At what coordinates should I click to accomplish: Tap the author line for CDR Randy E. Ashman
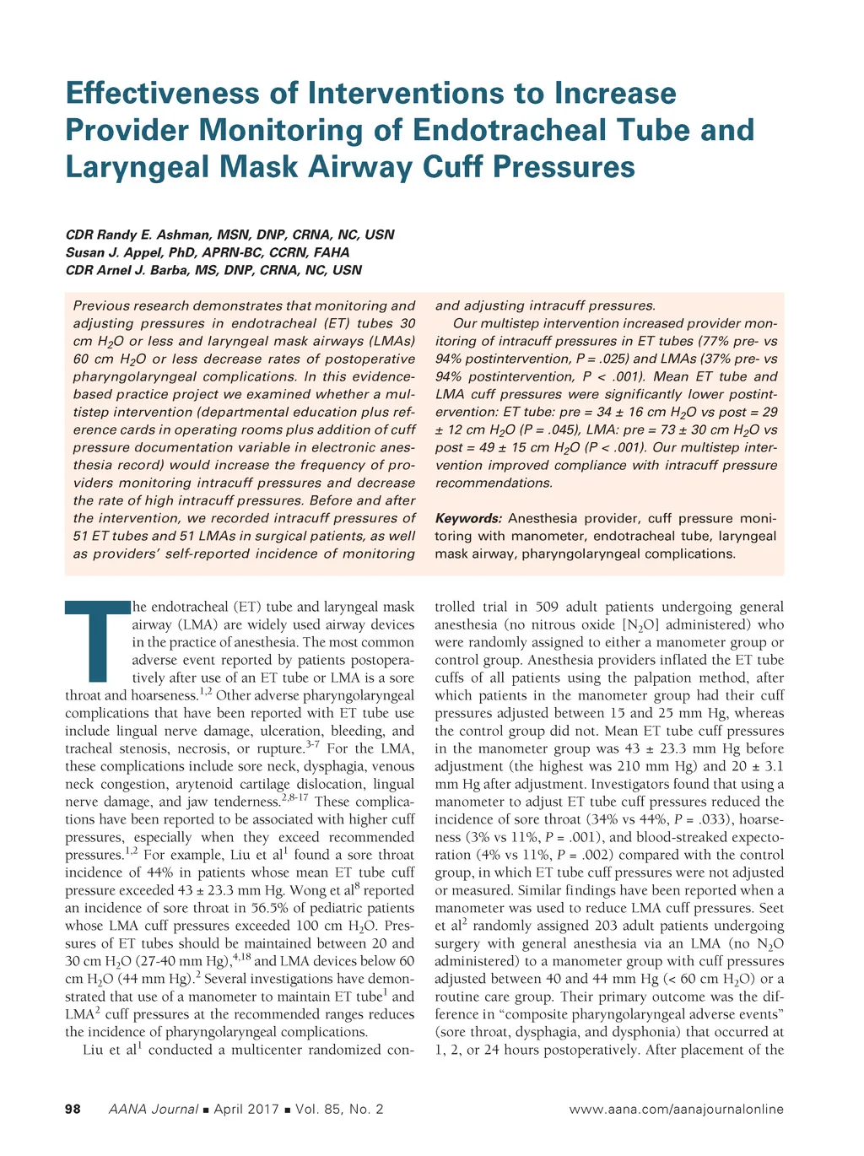(x=229, y=235)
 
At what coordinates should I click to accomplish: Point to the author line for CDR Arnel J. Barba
(x=213, y=270)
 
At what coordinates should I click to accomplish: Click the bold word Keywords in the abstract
(x=468, y=518)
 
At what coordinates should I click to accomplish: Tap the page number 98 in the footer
(x=73, y=1110)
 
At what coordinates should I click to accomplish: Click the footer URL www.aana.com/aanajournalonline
(x=676, y=1110)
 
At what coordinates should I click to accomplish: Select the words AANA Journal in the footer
(x=154, y=1110)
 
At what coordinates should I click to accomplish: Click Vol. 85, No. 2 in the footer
(x=339, y=1110)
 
